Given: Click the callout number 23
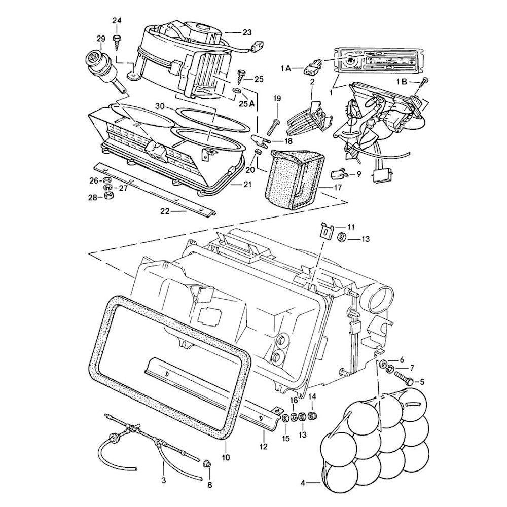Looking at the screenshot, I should [247, 32].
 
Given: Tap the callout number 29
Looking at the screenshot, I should [100, 39].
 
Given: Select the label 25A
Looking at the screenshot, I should [247, 104].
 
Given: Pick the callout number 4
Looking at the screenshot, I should [303, 483].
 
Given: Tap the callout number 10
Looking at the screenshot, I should [226, 457].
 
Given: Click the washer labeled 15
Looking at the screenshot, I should [286, 418].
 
